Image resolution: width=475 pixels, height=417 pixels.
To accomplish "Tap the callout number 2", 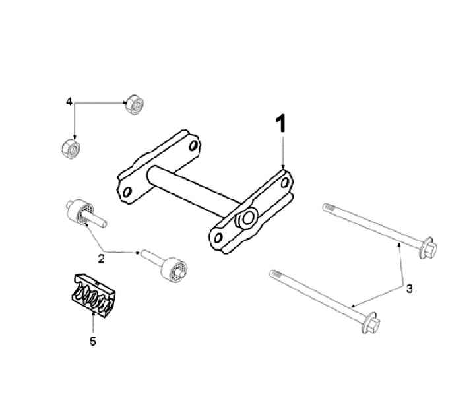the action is click(x=101, y=259).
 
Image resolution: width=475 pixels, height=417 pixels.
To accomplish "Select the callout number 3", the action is click(x=409, y=288).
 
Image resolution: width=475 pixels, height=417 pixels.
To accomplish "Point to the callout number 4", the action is click(x=69, y=101).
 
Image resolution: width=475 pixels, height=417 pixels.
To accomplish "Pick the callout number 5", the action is click(x=93, y=341).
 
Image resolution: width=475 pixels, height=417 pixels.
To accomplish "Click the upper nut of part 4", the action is click(x=135, y=104).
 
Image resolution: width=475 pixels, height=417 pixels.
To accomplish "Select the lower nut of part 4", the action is click(x=71, y=148).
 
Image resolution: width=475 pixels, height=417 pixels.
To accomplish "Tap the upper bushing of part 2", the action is click(x=86, y=212).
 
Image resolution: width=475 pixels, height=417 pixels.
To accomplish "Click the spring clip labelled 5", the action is click(x=94, y=296).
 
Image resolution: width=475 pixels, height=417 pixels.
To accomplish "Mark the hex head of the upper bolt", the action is click(x=428, y=248).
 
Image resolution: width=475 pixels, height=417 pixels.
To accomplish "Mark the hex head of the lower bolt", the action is click(x=371, y=323).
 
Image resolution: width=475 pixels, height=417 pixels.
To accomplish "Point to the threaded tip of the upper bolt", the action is click(x=329, y=208).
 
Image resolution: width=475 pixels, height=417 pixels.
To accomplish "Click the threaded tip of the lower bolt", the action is click(x=276, y=274).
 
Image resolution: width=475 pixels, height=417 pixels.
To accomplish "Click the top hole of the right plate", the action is click(x=285, y=182).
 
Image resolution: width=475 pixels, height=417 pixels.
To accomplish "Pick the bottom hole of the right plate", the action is click(x=218, y=238).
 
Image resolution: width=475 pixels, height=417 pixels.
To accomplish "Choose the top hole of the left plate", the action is click(x=193, y=146).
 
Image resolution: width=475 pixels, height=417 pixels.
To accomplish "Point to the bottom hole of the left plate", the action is click(x=127, y=192).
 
